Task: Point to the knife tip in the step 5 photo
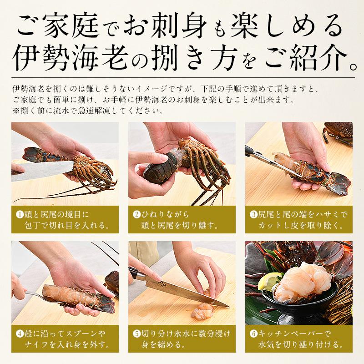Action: [x=229, y=307]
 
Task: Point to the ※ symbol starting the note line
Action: [x=16, y=111]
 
